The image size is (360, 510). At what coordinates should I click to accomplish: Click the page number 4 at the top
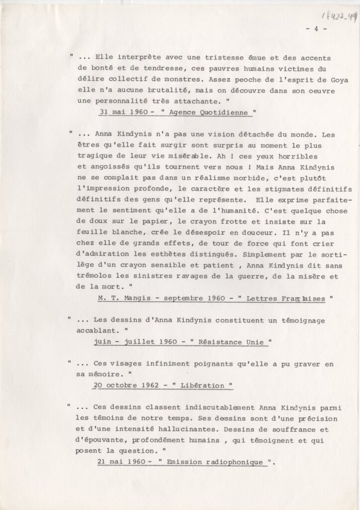(x=316, y=28)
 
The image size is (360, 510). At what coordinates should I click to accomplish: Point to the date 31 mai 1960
(x=122, y=113)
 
